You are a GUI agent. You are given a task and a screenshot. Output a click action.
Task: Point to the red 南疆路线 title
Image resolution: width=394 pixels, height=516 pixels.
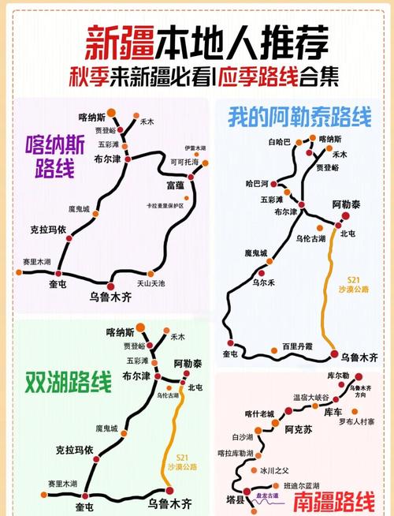[331, 501]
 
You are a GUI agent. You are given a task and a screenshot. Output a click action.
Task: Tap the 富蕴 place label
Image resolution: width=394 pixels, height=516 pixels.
[174, 185]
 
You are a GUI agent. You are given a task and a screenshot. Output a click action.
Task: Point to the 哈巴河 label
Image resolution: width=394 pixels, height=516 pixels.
[258, 183]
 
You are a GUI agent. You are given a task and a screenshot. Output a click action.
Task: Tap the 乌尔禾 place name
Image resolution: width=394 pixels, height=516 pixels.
[262, 282]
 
